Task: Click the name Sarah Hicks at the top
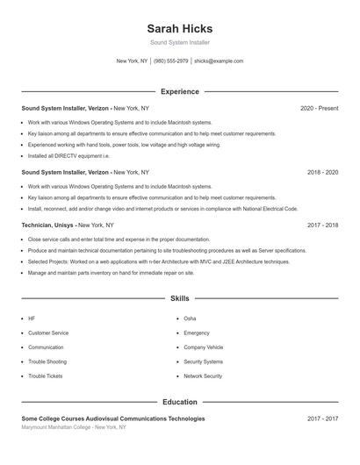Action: [179, 28]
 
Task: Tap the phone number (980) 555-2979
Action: [170, 61]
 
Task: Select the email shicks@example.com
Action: [219, 61]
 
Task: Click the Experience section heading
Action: [179, 91]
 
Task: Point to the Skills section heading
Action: [179, 299]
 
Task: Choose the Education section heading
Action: [179, 402]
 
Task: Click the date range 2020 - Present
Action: [319, 109]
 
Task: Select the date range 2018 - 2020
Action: [322, 173]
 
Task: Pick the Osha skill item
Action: [190, 318]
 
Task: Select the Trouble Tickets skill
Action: [45, 376]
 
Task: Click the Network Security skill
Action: [203, 376]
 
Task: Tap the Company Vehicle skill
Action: [203, 347]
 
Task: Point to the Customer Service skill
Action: [47, 333]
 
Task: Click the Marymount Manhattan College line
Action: [74, 428]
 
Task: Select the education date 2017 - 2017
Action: [322, 419]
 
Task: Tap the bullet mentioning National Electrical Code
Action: [162, 209]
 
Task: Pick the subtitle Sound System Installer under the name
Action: [179, 42]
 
